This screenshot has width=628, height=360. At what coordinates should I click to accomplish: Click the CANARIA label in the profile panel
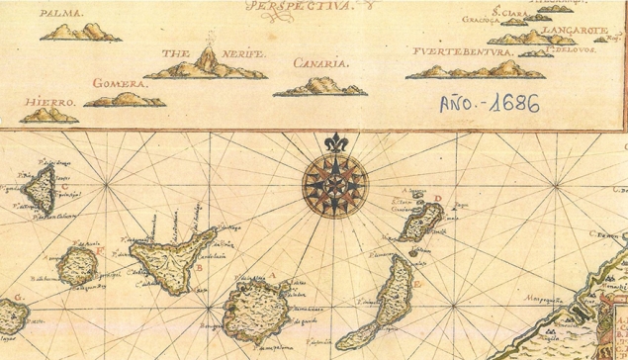[x=320, y=64]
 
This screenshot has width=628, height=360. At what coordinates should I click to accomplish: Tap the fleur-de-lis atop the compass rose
[x=336, y=144]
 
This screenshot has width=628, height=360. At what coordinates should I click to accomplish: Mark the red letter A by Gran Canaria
[x=271, y=276]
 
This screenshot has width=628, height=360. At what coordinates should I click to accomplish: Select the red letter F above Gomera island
[x=100, y=251]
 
